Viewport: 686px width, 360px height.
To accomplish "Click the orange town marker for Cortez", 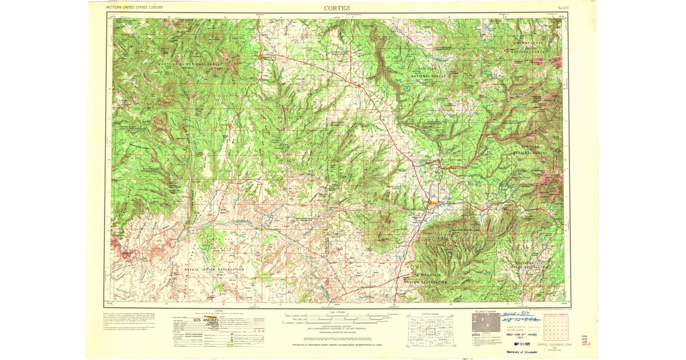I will [432, 203].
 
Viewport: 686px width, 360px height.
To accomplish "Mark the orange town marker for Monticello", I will [260, 55].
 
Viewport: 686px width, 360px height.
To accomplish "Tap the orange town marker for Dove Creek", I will [358, 85].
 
